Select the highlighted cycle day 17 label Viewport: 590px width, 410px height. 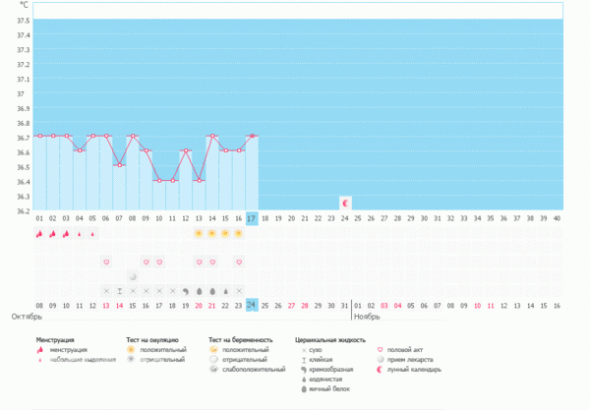(x=252, y=218)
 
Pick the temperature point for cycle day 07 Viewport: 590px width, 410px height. (x=119, y=165)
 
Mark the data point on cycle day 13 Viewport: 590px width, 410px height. (x=199, y=180)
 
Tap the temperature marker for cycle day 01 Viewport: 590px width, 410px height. (x=39, y=136)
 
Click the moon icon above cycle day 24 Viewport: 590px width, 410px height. (x=345, y=203)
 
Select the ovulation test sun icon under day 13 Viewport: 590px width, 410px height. (x=199, y=233)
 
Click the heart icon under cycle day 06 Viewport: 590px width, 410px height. (x=106, y=263)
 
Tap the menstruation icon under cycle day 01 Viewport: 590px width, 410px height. (x=39, y=234)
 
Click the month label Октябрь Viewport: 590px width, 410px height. (x=27, y=317)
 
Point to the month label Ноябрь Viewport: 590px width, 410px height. (x=368, y=317)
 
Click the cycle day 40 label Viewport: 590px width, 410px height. (x=558, y=218)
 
